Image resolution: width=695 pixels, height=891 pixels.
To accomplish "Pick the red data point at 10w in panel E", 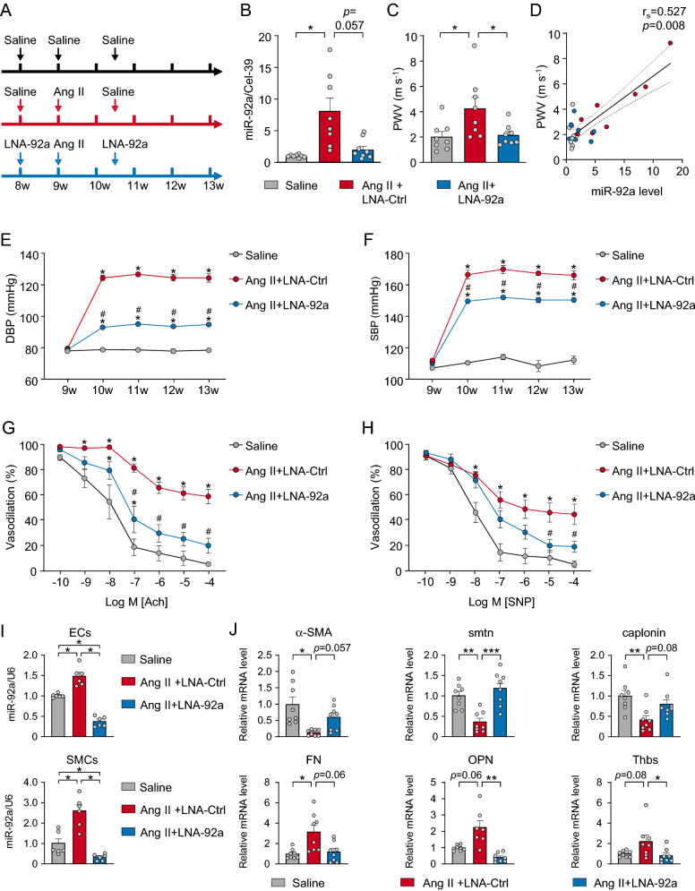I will pos(104,278).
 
